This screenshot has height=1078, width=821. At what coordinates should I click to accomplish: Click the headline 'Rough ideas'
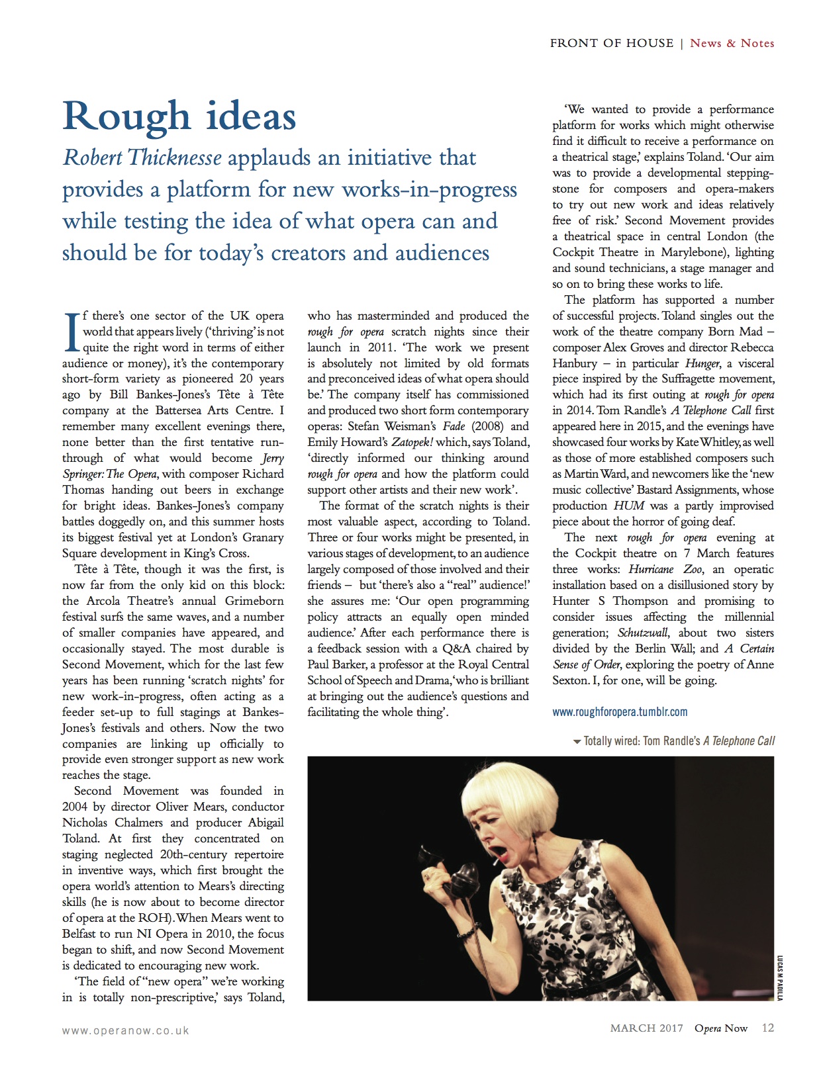click(x=179, y=116)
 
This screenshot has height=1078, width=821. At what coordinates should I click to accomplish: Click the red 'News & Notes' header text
click(x=732, y=43)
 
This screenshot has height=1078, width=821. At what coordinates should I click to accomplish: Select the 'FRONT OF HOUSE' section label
click(x=611, y=43)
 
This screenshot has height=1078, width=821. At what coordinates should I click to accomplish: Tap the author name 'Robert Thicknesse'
click(x=142, y=158)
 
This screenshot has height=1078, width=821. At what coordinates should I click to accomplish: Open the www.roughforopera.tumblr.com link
click(x=620, y=712)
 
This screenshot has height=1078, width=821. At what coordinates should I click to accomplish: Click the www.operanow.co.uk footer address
click(x=125, y=1030)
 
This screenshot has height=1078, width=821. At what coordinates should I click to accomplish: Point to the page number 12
click(x=767, y=1028)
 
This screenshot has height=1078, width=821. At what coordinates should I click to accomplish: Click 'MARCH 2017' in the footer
click(x=646, y=1028)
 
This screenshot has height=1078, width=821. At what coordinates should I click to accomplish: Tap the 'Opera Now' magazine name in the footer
click(x=720, y=1028)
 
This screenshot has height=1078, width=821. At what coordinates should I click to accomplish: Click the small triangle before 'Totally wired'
click(x=577, y=741)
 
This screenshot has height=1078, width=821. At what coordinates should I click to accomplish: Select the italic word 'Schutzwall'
click(x=643, y=633)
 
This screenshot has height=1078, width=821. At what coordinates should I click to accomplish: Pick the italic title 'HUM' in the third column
click(x=629, y=506)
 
